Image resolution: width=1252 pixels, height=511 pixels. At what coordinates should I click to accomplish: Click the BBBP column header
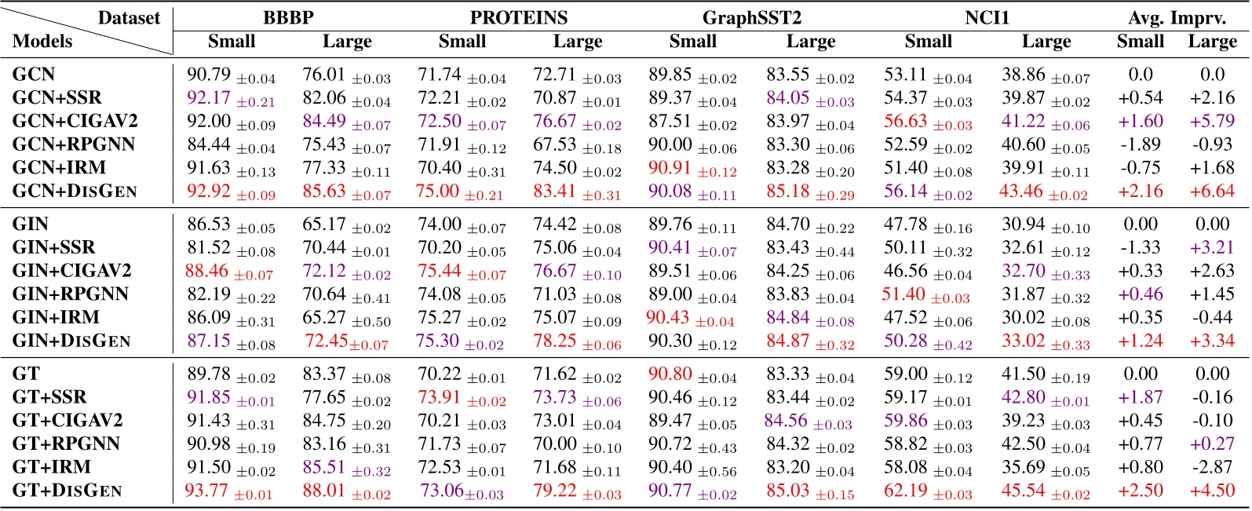289,17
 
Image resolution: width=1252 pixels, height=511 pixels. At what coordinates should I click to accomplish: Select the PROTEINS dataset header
519,17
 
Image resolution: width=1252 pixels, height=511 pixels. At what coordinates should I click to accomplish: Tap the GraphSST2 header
751,17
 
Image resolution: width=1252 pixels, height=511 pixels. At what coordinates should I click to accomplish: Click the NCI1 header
986,17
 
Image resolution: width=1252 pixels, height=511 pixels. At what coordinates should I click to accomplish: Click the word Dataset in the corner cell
129,17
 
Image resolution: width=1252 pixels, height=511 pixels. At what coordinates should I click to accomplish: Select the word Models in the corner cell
42,41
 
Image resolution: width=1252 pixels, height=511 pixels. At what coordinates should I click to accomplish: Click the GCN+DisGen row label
75,191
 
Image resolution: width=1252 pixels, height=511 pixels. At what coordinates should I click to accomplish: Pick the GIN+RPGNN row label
70,294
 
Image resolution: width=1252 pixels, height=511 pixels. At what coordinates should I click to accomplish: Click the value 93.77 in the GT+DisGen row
206,491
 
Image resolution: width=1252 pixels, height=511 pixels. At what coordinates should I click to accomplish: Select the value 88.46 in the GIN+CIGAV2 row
206,272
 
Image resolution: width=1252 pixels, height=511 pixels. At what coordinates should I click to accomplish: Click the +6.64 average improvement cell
1212,192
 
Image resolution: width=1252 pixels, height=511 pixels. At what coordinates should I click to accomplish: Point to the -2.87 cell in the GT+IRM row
1212,468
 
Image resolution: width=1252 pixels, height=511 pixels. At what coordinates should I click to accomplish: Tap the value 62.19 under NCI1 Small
905,491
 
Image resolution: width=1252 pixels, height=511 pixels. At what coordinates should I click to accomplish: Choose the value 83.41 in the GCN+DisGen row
555,192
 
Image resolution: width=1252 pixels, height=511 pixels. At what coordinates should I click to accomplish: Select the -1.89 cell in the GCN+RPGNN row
1140,144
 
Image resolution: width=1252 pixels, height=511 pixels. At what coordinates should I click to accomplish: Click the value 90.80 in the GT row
670,374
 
